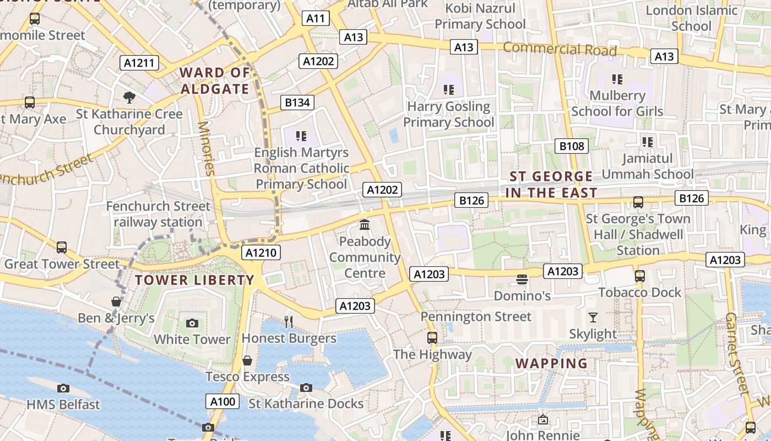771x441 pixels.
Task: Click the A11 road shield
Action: pyautogui.click(x=316, y=18)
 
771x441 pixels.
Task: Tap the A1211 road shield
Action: pyautogui.click(x=139, y=63)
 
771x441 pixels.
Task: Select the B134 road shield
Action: pyautogui.click(x=297, y=102)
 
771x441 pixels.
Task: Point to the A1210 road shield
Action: pyautogui.click(x=262, y=253)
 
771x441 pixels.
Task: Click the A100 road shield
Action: pyautogui.click(x=223, y=401)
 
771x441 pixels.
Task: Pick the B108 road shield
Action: pyautogui.click(x=571, y=146)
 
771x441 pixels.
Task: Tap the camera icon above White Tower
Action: pyautogui.click(x=192, y=323)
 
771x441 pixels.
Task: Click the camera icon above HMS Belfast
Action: pyautogui.click(x=63, y=388)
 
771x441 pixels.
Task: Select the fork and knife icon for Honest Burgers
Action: pyautogui.click(x=289, y=321)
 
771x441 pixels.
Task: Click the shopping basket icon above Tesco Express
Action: pyautogui.click(x=247, y=361)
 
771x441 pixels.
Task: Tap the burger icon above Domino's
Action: pyautogui.click(x=522, y=280)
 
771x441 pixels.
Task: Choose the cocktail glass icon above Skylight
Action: pyautogui.click(x=593, y=318)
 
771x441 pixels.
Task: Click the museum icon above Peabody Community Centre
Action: pyautogui.click(x=365, y=225)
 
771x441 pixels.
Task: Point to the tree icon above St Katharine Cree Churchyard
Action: pyautogui.click(x=129, y=98)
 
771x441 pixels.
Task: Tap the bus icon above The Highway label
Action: pyautogui.click(x=432, y=338)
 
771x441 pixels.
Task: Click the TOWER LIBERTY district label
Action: pyautogui.click(x=195, y=280)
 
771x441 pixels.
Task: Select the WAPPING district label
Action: pyautogui.click(x=551, y=363)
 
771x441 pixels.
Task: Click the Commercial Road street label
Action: pyautogui.click(x=560, y=49)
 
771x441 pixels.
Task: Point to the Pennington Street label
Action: pyautogui.click(x=476, y=317)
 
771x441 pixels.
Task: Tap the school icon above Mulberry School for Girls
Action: pyautogui.click(x=617, y=79)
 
